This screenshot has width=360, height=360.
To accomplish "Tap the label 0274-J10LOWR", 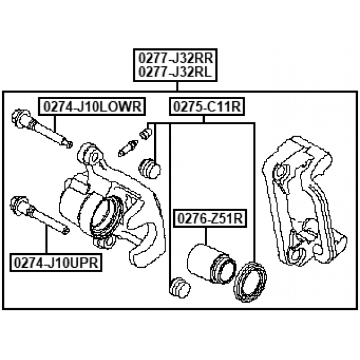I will [90, 106].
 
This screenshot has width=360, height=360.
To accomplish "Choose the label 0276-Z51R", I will [209, 219].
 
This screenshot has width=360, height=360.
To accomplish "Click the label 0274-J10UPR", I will [55, 262].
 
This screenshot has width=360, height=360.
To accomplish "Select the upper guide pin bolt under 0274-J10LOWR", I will [42, 130].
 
